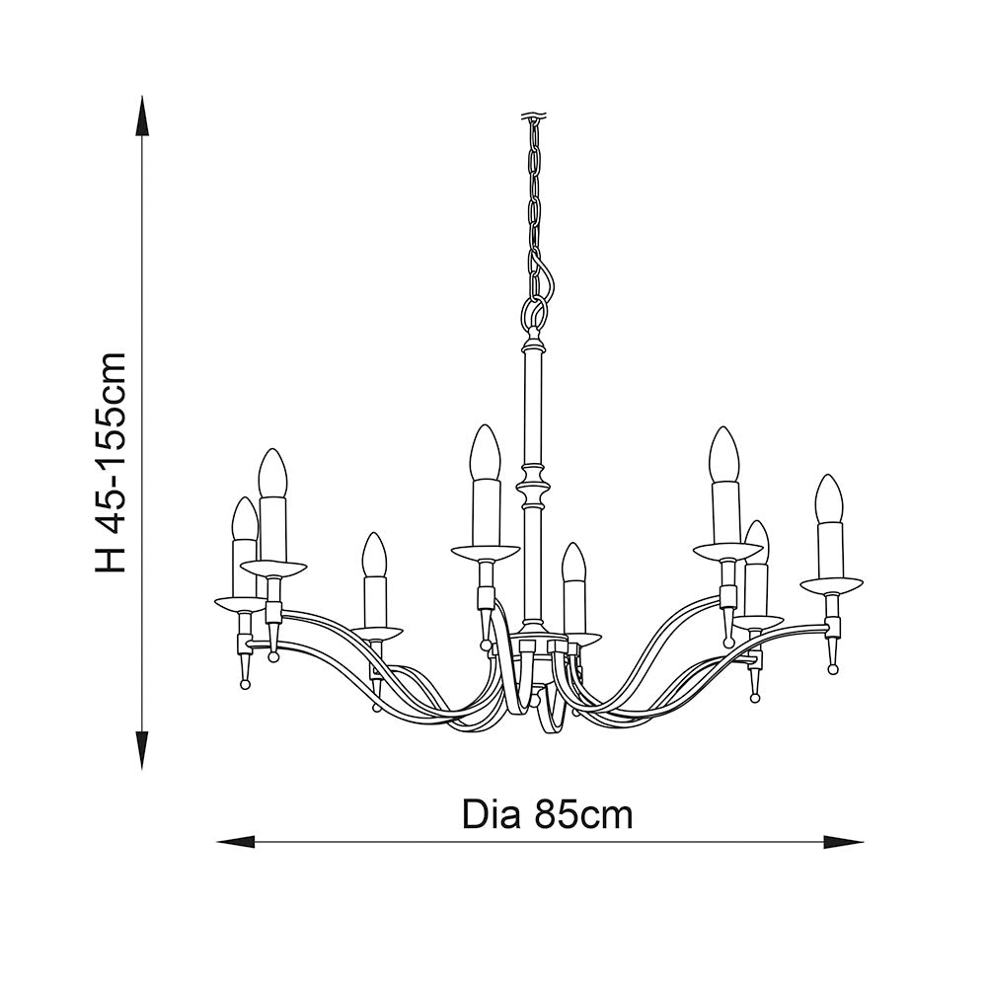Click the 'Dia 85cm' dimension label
pos(547,815)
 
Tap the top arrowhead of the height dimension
pos(143,115)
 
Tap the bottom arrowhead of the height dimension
pos(143,750)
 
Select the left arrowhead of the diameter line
pos(236,842)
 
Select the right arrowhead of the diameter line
pos(844,842)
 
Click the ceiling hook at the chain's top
pos(533,117)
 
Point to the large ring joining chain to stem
pos(533,313)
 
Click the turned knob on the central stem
pos(533,488)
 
